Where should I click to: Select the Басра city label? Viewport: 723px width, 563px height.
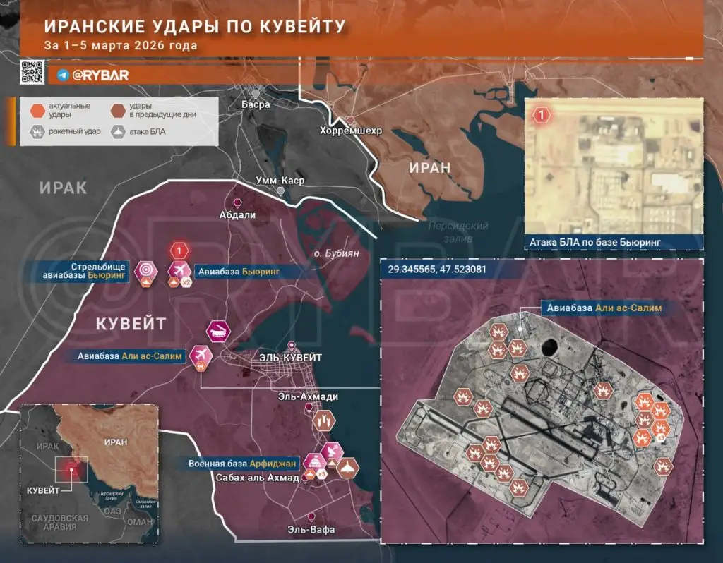(256, 104)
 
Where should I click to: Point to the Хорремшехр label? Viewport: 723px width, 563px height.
(351, 131)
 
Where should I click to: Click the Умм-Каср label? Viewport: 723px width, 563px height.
(280, 179)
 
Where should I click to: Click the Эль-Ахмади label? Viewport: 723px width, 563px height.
(308, 396)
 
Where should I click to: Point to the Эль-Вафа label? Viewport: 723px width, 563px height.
(311, 529)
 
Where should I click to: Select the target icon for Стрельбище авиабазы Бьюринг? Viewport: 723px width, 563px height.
(147, 270)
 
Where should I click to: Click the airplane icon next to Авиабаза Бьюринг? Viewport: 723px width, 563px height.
(179, 270)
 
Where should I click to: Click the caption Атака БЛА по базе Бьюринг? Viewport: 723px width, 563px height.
(595, 243)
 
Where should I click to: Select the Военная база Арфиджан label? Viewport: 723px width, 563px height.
(242, 464)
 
